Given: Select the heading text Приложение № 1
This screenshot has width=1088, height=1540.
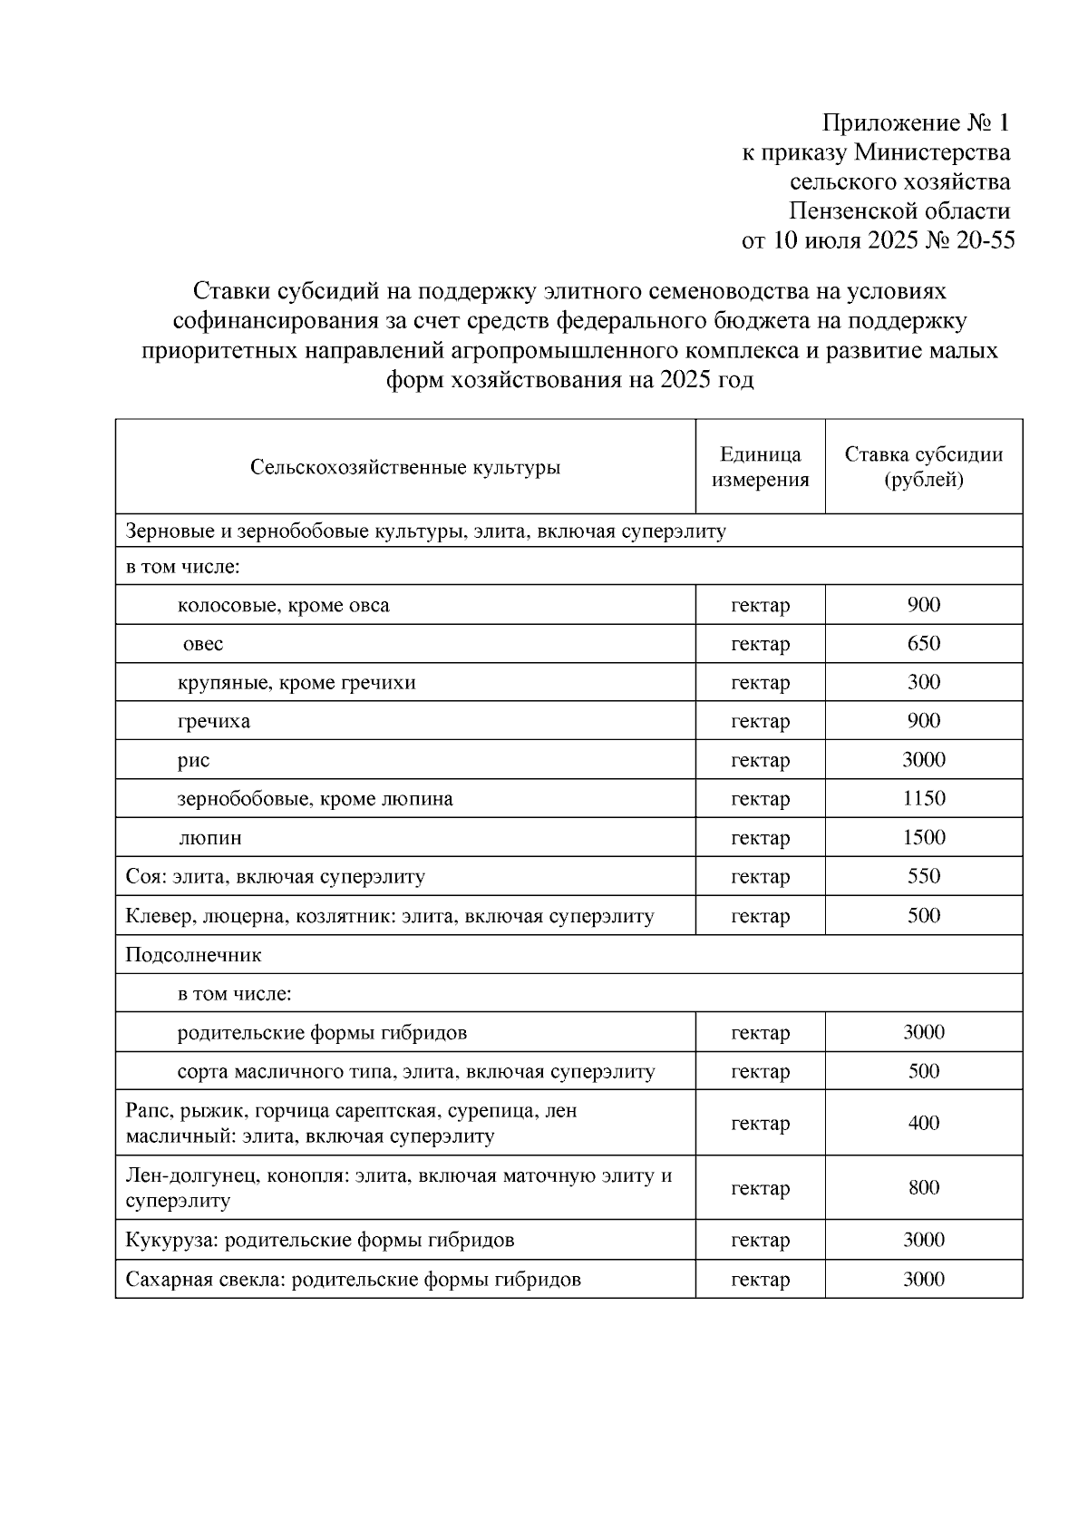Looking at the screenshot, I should tap(915, 122).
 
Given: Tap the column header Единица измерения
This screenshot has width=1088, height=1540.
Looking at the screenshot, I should tap(760, 466).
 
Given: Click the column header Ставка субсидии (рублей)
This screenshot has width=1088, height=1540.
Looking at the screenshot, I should tap(923, 466).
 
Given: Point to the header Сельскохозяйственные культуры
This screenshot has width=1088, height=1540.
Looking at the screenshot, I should tap(405, 468).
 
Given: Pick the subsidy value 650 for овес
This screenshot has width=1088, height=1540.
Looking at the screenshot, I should tap(923, 643).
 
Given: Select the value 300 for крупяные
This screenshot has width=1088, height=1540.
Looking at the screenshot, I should tap(923, 682).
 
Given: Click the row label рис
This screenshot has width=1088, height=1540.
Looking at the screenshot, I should tap(193, 760).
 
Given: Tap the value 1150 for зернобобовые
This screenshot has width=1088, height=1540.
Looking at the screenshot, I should tap(923, 798).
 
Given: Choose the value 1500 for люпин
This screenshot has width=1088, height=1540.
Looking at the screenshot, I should tap(923, 837).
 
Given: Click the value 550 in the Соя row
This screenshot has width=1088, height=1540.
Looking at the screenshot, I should tap(923, 876).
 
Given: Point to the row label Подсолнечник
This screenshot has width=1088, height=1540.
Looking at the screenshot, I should tap(193, 955).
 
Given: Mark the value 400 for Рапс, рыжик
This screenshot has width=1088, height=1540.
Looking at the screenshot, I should tap(923, 1123).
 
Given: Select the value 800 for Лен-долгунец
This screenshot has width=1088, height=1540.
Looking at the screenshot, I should tap(923, 1187).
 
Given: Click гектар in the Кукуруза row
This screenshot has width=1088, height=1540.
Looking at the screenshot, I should tap(760, 1240).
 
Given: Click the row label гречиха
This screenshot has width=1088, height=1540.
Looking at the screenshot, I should tap(214, 721).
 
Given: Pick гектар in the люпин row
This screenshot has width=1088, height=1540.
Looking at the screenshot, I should tap(760, 838).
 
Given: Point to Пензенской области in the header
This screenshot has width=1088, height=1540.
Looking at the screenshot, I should tap(899, 211).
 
